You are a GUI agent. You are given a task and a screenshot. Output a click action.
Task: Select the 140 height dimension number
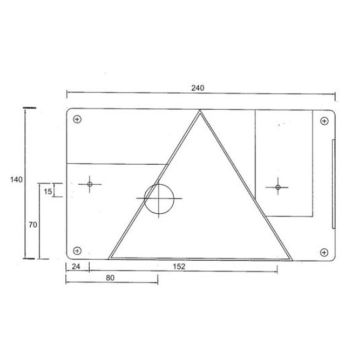(14, 180)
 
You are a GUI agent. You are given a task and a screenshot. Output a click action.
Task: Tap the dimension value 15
(48, 190)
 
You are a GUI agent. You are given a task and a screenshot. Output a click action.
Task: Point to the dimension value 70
(34, 226)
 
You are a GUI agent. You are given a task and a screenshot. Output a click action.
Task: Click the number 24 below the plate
(76, 267)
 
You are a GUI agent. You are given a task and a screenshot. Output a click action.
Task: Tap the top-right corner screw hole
(321, 123)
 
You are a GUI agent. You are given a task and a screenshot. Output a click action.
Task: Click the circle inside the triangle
(158, 199)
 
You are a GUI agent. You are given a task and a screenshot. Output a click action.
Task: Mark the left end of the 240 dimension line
(66, 96)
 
